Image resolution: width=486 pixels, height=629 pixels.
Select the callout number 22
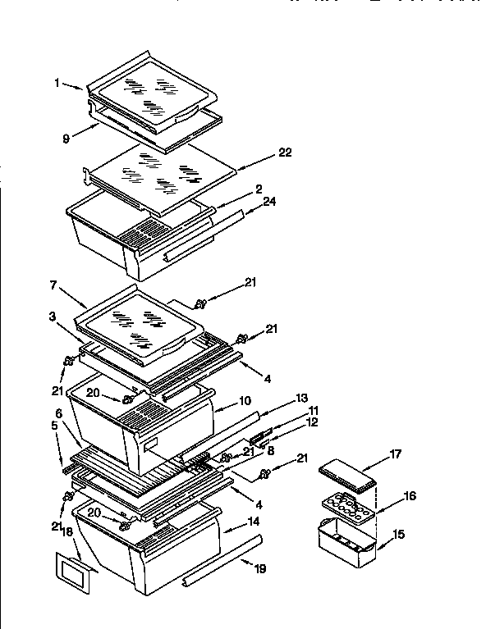coord(285,153)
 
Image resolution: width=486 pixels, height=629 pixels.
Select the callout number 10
coord(245,403)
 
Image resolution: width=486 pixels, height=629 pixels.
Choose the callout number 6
coord(59,413)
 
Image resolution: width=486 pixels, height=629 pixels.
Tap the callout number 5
coord(54,426)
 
